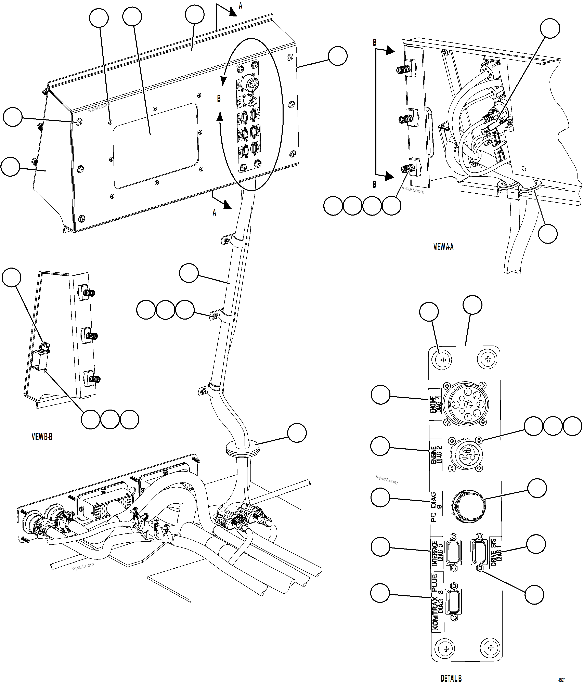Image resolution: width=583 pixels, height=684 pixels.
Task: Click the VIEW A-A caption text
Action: pos(443,247)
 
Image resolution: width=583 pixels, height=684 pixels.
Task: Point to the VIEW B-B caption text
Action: pos(42,437)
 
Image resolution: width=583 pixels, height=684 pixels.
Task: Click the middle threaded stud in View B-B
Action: pos(91,336)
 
